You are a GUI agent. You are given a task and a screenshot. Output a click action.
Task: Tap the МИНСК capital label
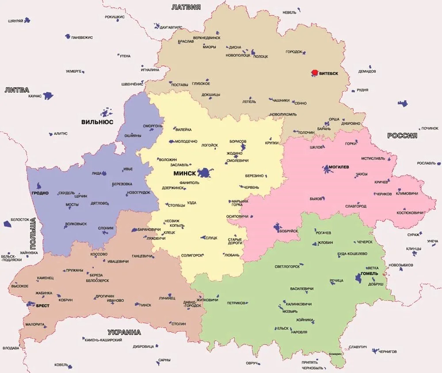click(x=184, y=173)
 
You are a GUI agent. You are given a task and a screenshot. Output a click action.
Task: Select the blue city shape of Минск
click(x=204, y=173)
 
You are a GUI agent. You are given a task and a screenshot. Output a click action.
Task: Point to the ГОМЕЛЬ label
click(x=370, y=273)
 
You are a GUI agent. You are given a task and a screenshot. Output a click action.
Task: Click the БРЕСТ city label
click(x=43, y=305)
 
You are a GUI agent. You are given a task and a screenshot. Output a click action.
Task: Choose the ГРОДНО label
click(x=40, y=193)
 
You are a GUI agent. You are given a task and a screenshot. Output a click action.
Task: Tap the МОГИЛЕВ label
click(x=339, y=167)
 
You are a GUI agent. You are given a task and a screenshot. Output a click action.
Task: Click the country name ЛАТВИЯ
click(x=186, y=7)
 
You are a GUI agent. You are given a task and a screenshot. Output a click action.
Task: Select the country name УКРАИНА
click(x=124, y=332)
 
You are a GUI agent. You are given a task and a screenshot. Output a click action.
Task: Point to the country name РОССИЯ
click(x=402, y=136)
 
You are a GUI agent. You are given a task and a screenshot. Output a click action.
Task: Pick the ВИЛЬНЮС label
click(x=97, y=121)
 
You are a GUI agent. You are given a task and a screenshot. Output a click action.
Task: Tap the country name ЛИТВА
click(x=17, y=90)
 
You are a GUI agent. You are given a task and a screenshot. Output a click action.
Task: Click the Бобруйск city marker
click(x=277, y=228)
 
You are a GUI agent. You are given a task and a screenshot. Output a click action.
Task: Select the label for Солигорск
click(x=192, y=255)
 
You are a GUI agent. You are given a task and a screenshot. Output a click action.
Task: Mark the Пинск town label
click(x=145, y=305)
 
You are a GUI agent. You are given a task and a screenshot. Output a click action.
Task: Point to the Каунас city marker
click(x=48, y=95)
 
